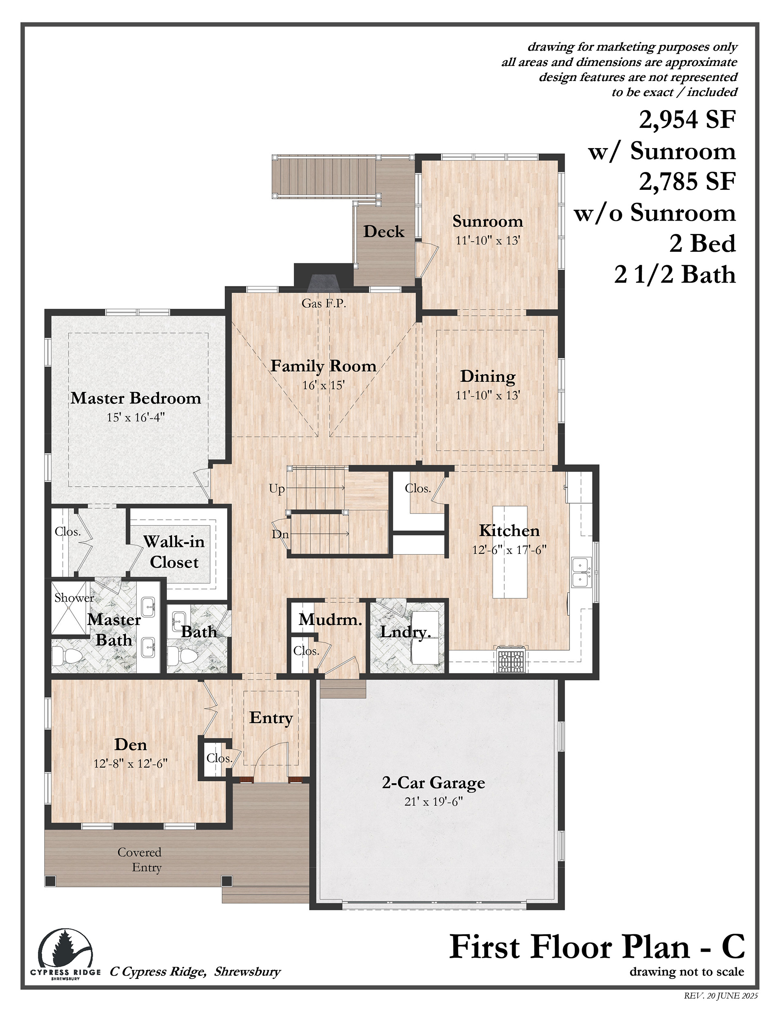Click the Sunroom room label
tap(488, 221)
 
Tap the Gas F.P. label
tap(324, 304)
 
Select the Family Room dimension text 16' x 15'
tap(323, 385)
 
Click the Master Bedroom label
tap(136, 398)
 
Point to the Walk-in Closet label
tap(174, 552)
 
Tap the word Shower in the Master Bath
tap(74, 598)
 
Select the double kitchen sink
tap(581, 572)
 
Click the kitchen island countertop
tap(510, 552)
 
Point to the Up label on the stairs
tap(277, 489)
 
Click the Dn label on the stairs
tap(280, 534)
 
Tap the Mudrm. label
tap(330, 619)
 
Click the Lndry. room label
tap(406, 632)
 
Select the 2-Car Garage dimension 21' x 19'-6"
tap(433, 802)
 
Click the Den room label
tap(131, 745)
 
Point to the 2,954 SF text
tap(688, 119)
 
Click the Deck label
tap(384, 231)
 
